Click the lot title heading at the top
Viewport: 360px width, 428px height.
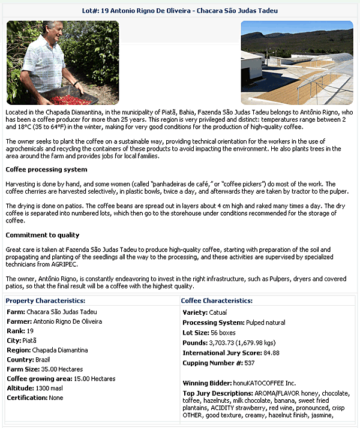[x=179, y=11]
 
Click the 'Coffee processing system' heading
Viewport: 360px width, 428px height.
[x=46, y=170]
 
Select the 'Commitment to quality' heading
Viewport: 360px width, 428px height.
[x=43, y=235]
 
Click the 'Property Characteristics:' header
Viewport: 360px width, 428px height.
[x=46, y=300]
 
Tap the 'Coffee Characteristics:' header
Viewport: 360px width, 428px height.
[x=217, y=300]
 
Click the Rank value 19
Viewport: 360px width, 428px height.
[x=29, y=331]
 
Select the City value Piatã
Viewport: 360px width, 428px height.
[x=29, y=340]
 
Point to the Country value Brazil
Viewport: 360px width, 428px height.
[x=43, y=360]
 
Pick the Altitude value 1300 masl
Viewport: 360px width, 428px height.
[x=52, y=388]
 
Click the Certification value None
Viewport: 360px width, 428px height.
[x=56, y=397]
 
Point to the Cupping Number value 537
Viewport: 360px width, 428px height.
[x=250, y=363]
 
